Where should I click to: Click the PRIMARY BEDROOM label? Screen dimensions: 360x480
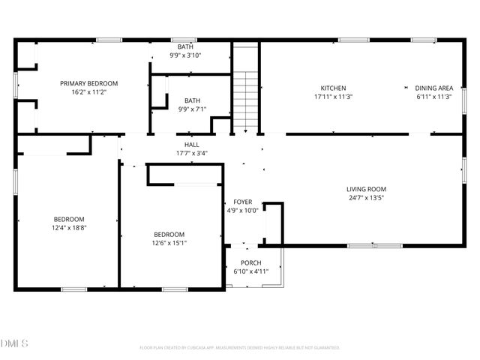pyautogui.click(x=88, y=83)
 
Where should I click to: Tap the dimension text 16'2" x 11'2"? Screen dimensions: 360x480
pyautogui.click(x=88, y=92)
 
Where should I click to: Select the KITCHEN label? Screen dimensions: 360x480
pyautogui.click(x=333, y=88)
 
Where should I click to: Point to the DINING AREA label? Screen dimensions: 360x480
pyautogui.click(x=434, y=88)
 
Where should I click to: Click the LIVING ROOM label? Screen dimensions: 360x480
pyautogui.click(x=365, y=189)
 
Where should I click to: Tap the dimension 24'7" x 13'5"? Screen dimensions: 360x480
pyautogui.click(x=365, y=198)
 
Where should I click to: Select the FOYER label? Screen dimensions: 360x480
pyautogui.click(x=243, y=202)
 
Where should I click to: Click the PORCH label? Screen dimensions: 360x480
pyautogui.click(x=250, y=262)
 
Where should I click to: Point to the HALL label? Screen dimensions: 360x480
pyautogui.click(x=191, y=144)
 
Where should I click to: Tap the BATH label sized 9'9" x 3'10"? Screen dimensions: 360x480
pyautogui.click(x=184, y=46)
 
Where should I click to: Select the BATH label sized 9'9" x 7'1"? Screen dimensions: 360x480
pyautogui.click(x=193, y=100)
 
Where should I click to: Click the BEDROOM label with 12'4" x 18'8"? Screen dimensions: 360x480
pyautogui.click(x=68, y=219)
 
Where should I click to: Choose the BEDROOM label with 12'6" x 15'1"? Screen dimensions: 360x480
pyautogui.click(x=169, y=233)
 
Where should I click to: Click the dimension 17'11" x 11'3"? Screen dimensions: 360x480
pyautogui.click(x=333, y=97)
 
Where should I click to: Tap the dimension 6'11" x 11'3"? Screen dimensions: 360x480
pyautogui.click(x=434, y=97)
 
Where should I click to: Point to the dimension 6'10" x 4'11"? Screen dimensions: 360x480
pyautogui.click(x=250, y=271)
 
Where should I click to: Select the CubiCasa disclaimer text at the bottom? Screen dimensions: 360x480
pyautogui.click(x=240, y=347)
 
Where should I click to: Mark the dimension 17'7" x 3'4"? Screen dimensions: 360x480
pyautogui.click(x=191, y=153)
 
